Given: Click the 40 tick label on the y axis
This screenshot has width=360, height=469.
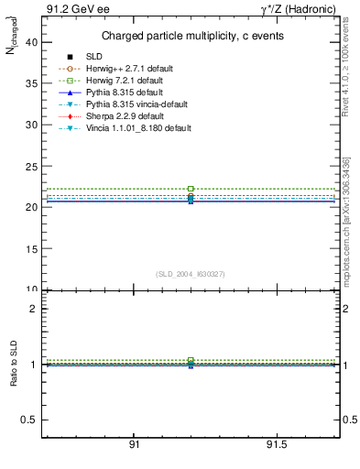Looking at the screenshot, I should click(x=31, y=42).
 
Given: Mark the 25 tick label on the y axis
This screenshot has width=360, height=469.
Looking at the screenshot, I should click(x=31, y=166).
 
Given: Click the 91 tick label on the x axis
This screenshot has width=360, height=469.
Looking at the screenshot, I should click(x=134, y=445).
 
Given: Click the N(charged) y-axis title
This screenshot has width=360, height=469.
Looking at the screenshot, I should click(x=13, y=41).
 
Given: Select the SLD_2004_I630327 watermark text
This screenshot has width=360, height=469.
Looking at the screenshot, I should click(x=190, y=275).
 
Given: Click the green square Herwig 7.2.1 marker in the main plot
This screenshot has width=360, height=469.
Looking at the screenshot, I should click(x=191, y=189).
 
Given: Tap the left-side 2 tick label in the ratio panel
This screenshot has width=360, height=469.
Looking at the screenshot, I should click(x=34, y=309).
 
